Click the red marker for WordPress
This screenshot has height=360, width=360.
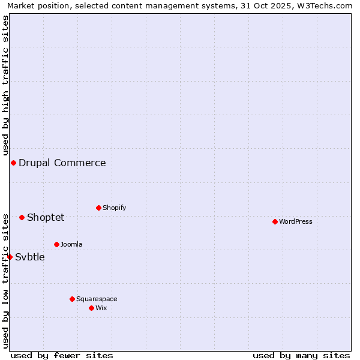point(275,221)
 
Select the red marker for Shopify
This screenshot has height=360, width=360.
point(98,208)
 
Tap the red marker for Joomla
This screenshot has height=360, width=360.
point(56,244)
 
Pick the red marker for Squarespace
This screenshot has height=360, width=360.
point(72,299)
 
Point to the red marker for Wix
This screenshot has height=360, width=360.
point(91,308)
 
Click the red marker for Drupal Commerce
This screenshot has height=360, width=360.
point(13,163)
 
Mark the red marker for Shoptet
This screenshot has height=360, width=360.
point(22,217)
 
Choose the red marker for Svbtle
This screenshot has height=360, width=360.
point(10,257)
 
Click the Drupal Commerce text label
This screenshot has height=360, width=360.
point(62,163)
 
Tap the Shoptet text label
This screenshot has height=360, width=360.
point(46,217)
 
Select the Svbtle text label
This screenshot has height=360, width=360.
point(30,257)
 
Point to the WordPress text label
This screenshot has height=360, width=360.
point(296,221)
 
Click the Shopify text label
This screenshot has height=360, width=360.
point(115,208)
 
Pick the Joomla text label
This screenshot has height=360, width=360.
point(71,244)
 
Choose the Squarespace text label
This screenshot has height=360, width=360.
point(97,299)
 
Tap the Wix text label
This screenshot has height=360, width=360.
point(101,308)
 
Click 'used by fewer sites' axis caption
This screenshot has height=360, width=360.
point(62,355)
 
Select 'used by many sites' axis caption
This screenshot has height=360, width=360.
point(301,355)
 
